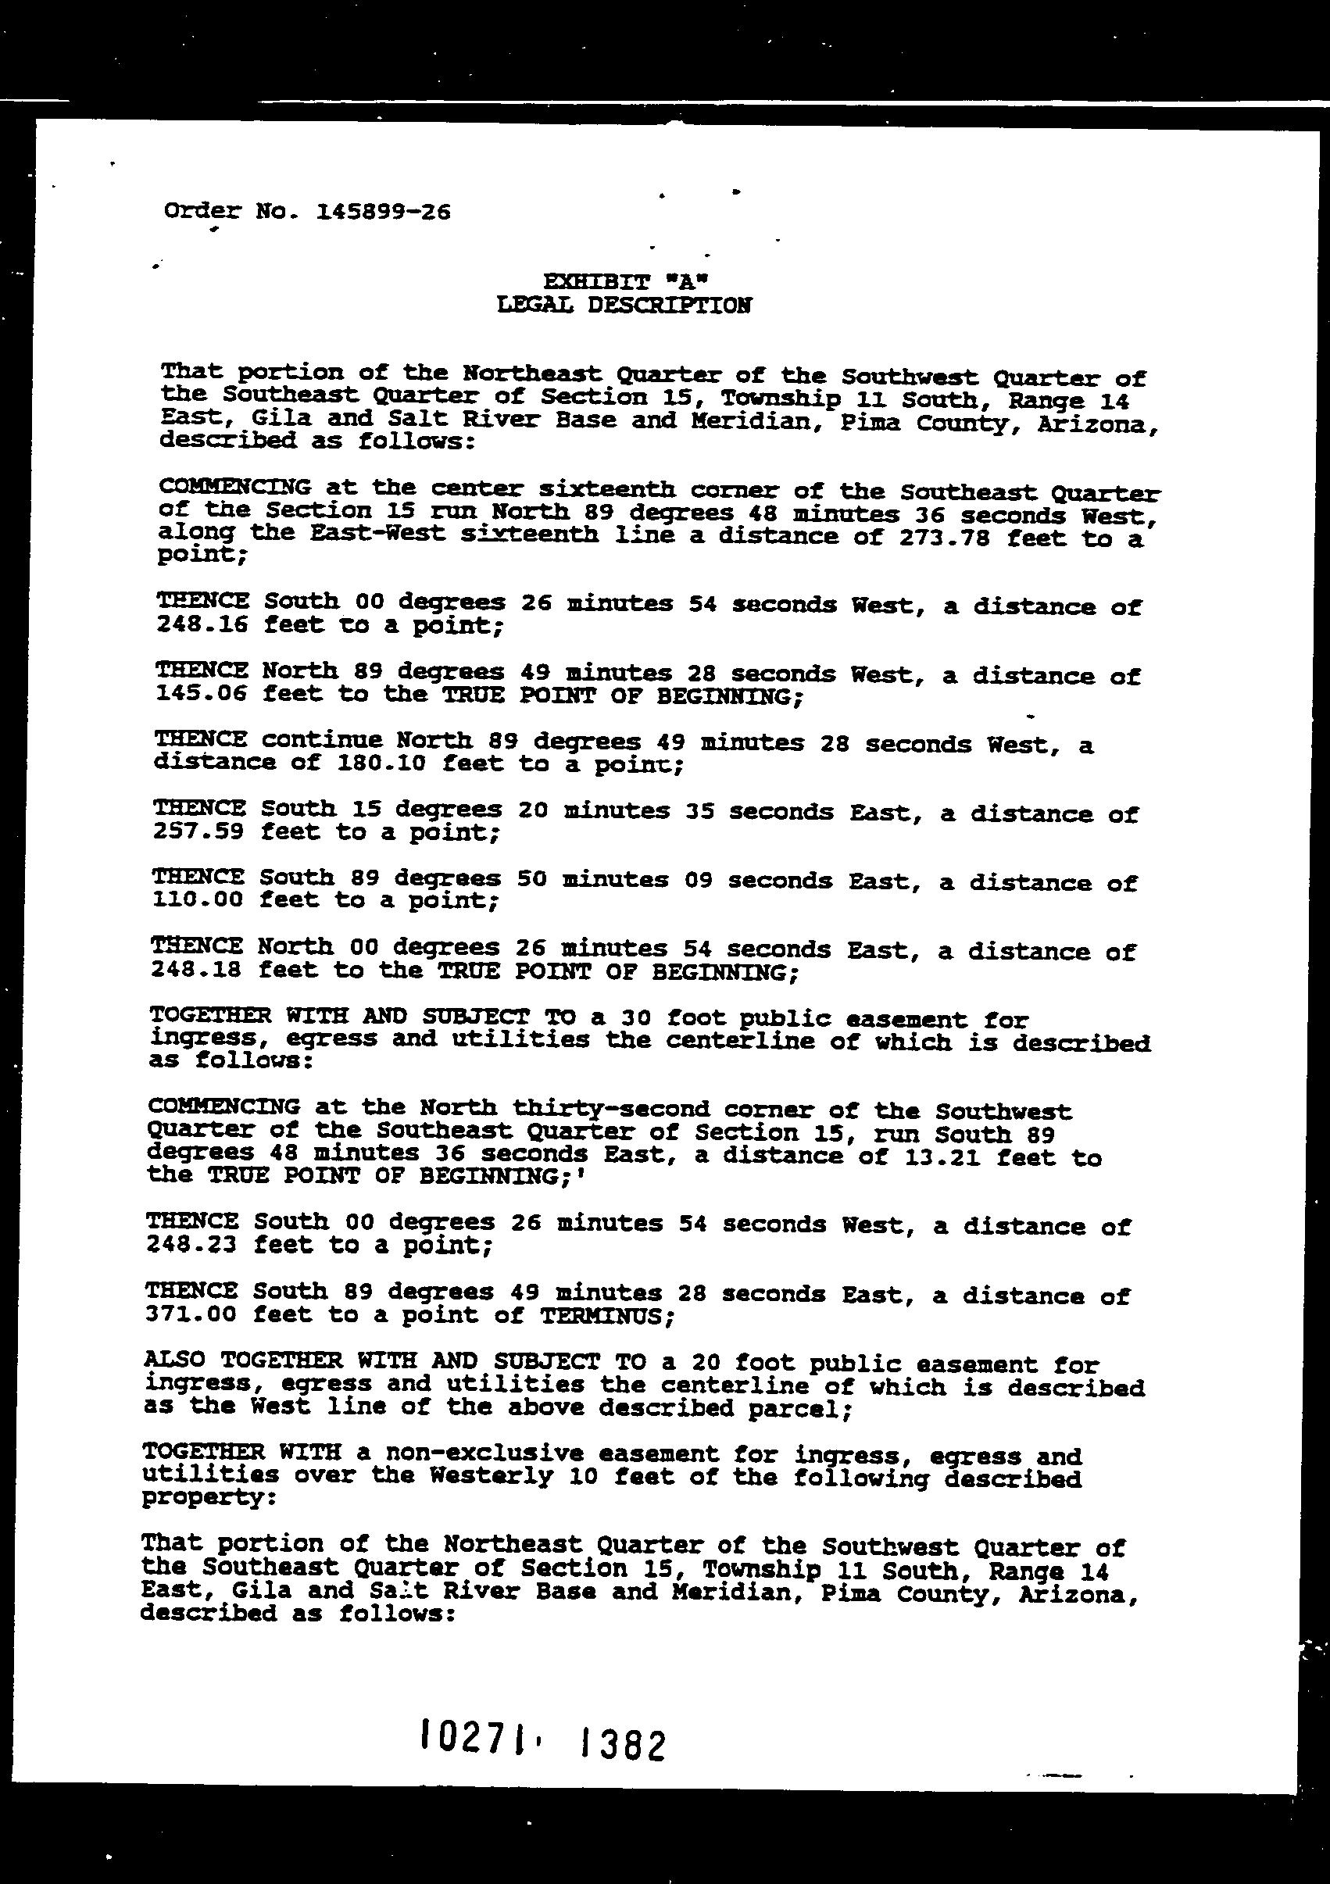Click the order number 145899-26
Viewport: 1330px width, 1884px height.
click(x=383, y=213)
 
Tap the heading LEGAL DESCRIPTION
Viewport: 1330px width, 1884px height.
click(x=624, y=306)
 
